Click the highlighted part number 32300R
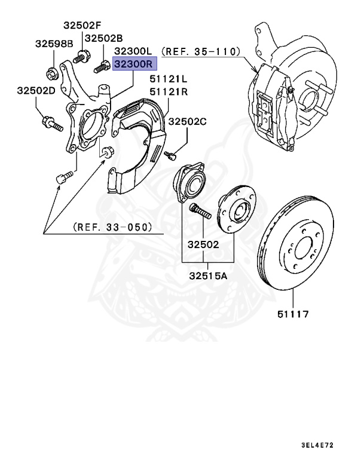pos(134,63)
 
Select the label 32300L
pos(134,51)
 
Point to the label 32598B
pos(54,44)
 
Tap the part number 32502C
pos(187,121)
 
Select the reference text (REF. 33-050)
pos(112,227)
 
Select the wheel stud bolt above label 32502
pos(199,212)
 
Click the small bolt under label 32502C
pos(170,155)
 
